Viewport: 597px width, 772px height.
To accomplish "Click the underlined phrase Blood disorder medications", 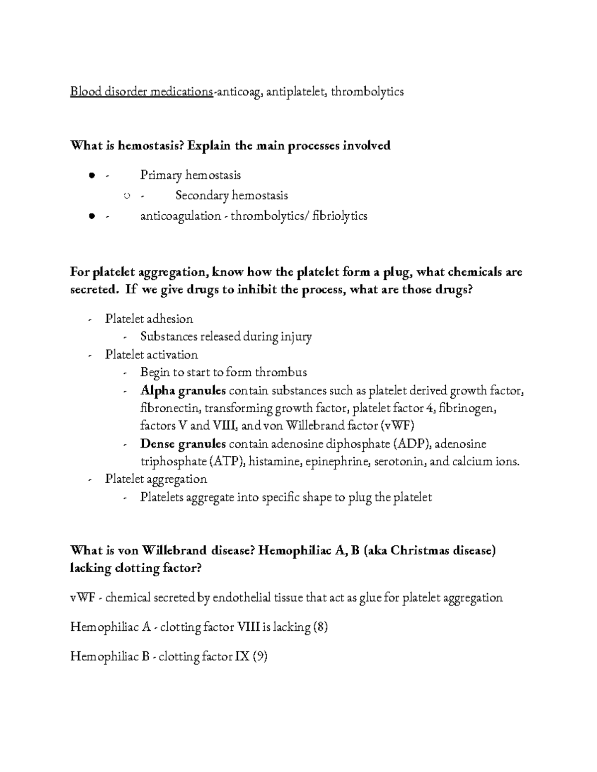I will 141,92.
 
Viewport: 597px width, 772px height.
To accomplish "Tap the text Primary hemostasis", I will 191,175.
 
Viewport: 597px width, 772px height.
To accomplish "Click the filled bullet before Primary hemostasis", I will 91,175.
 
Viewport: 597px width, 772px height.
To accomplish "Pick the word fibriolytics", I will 340,216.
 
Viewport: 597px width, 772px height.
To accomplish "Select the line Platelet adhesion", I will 149,319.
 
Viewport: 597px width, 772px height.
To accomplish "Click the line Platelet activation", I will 151,354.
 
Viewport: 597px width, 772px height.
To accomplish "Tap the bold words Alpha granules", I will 183,391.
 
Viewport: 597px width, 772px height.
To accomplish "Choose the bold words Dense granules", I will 183,443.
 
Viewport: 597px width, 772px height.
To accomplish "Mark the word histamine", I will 275,462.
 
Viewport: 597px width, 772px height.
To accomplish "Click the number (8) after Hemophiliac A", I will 320,627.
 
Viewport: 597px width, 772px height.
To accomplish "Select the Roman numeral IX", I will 242,657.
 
